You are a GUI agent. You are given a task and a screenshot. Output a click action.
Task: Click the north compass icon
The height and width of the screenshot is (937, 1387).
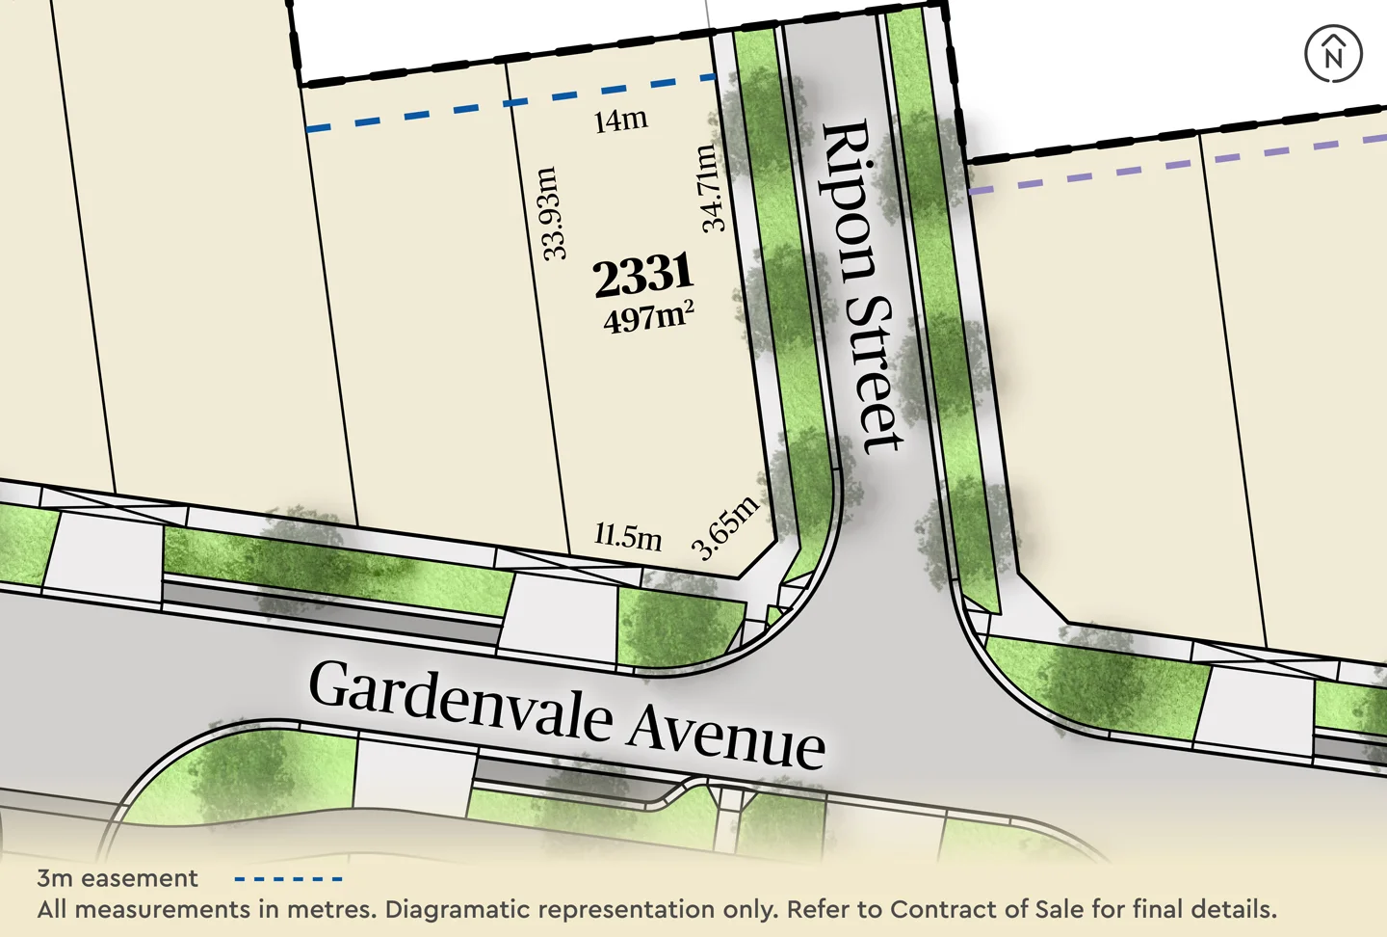point(1333,54)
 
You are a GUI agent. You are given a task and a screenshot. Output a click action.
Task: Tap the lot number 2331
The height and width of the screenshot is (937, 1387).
point(643,275)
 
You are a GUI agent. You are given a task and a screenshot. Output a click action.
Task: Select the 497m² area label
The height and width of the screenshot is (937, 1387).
point(648,316)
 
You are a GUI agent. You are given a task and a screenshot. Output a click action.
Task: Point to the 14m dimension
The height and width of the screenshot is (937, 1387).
point(620,120)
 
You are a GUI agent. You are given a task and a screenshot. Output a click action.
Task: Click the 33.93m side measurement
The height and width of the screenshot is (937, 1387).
point(550,213)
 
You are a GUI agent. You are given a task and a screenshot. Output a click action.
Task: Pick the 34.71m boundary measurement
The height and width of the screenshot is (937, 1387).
point(710,188)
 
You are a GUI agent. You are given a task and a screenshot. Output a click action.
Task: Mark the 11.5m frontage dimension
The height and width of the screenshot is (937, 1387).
point(628,535)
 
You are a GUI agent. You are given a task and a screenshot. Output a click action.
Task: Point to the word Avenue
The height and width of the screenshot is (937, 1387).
point(727,737)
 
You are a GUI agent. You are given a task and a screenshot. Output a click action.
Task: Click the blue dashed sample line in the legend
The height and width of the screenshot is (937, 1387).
point(288,879)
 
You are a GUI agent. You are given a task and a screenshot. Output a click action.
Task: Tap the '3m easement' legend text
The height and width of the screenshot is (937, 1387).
point(118,878)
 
